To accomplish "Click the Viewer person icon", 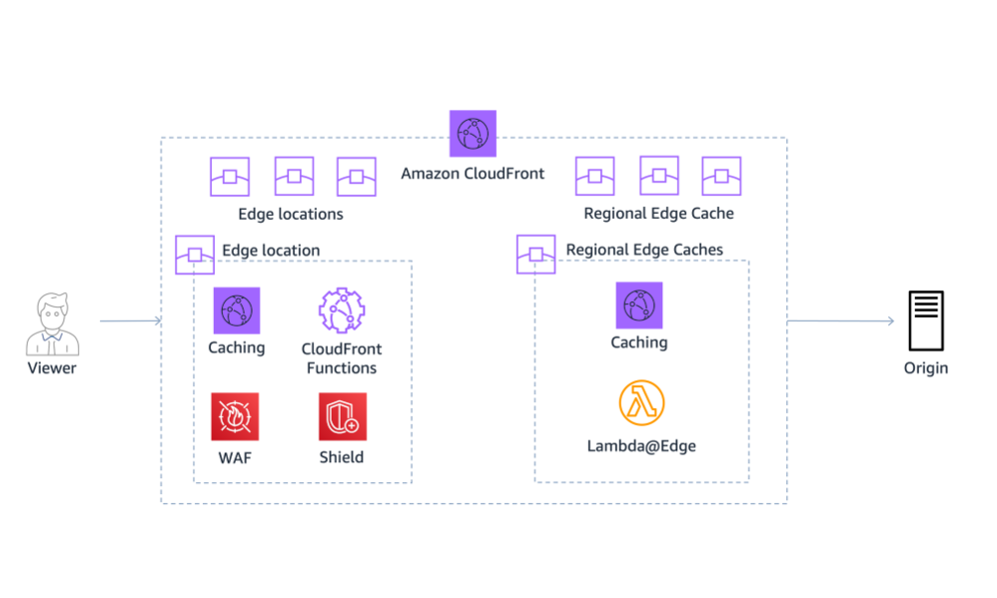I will [x=51, y=323].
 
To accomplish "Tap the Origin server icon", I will [x=925, y=320].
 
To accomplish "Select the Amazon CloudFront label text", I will [x=473, y=174].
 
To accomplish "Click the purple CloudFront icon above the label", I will [x=473, y=134].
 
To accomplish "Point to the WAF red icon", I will [x=235, y=416].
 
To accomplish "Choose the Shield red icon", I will [x=342, y=416].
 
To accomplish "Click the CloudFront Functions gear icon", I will [x=342, y=310].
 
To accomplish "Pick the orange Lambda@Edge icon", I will [x=640, y=402].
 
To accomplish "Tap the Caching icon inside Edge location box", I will [x=236, y=310].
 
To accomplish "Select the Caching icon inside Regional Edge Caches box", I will [x=639, y=305].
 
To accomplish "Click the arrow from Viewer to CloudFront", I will [x=130, y=321].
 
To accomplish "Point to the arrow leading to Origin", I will [x=840, y=321].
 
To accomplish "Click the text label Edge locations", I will [x=291, y=215].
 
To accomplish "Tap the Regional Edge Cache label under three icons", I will [x=658, y=214].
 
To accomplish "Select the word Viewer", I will [x=52, y=368].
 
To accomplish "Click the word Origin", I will [x=926, y=368].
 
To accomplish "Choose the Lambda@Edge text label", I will [x=641, y=446].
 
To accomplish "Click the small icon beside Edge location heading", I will [x=195, y=255].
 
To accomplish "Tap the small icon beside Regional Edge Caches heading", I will [x=536, y=254].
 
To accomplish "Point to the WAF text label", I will [x=235, y=457].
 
